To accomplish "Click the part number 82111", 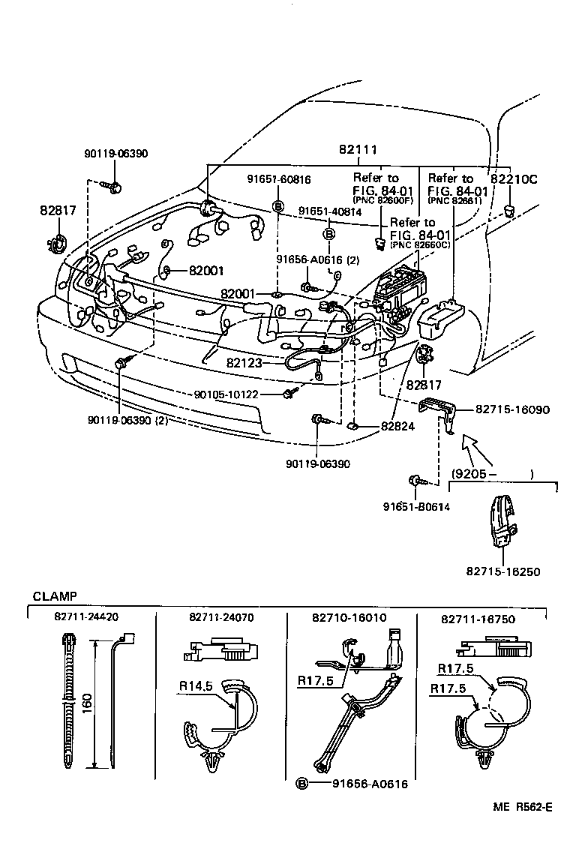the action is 358,149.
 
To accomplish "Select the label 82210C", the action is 514,179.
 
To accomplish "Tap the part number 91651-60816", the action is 279,180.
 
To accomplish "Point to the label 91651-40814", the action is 330,211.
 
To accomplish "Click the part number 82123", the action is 244,363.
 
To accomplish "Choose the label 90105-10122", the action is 226,394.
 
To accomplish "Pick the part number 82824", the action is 397,426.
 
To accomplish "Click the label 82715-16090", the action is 512,409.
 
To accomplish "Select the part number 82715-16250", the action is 503,571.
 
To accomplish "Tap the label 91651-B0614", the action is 416,507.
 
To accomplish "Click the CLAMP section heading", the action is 55,596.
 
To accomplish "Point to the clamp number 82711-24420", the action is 86,616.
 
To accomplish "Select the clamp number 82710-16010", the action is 349,618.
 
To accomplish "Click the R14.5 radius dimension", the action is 196,686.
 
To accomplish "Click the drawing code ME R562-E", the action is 523,807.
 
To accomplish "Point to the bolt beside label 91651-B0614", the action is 419,480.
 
